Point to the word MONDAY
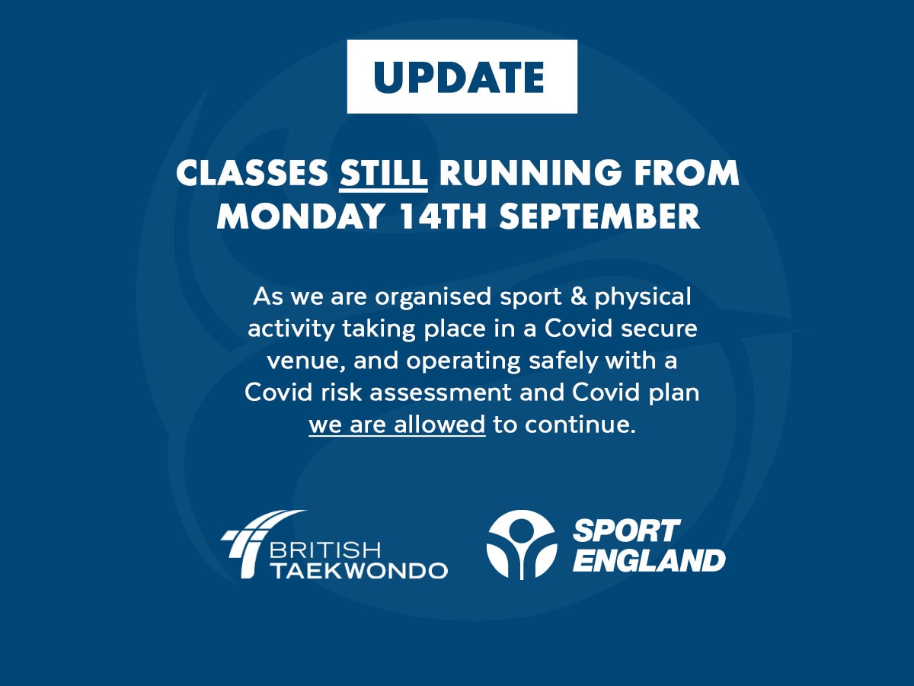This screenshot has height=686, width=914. [300, 216]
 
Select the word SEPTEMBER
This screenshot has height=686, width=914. [600, 216]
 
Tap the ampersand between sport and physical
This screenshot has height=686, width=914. [578, 297]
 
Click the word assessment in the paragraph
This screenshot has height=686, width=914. [440, 393]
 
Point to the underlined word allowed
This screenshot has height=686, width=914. [439, 425]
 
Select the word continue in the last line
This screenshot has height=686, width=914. [580, 425]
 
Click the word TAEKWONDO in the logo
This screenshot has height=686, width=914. [360, 570]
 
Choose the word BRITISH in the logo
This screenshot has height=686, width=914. [325, 550]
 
